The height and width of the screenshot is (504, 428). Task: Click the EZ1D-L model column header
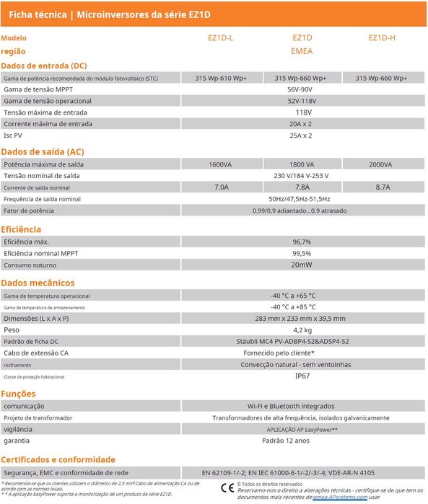tap(220, 37)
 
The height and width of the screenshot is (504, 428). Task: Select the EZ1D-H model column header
tap(382, 37)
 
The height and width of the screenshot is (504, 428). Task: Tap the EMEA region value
tap(302, 52)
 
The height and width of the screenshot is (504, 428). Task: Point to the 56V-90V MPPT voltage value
tap(302, 89)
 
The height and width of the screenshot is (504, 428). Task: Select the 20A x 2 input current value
tap(302, 124)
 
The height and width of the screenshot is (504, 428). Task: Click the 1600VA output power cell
tap(220, 164)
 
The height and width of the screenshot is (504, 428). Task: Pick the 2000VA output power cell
tap(380, 164)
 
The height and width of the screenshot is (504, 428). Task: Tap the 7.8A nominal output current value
tap(302, 187)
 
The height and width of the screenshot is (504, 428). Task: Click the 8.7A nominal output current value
tap(382, 187)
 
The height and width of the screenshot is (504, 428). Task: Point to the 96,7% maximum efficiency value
tap(302, 242)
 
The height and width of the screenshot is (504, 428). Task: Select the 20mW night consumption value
tap(302, 265)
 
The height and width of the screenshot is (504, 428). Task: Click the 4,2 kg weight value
tap(302, 330)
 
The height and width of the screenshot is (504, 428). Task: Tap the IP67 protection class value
tap(302, 376)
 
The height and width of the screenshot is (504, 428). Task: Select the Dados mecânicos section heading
tap(38, 283)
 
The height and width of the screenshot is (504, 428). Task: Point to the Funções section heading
tap(18, 394)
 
